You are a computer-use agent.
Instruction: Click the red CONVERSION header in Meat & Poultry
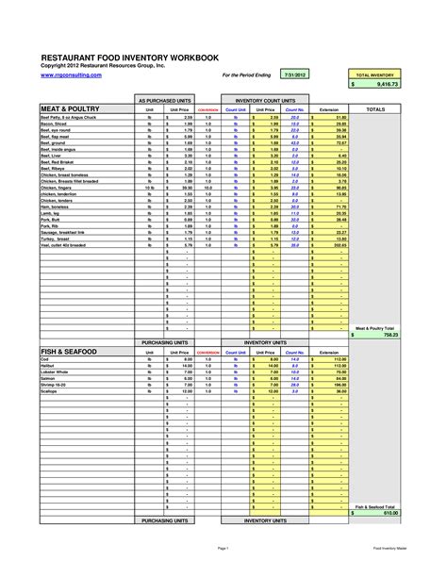208,109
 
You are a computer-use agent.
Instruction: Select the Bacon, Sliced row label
56,124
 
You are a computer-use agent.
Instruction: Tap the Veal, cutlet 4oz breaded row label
66,244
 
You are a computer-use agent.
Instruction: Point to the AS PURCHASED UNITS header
165,98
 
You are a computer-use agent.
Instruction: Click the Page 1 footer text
223,547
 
